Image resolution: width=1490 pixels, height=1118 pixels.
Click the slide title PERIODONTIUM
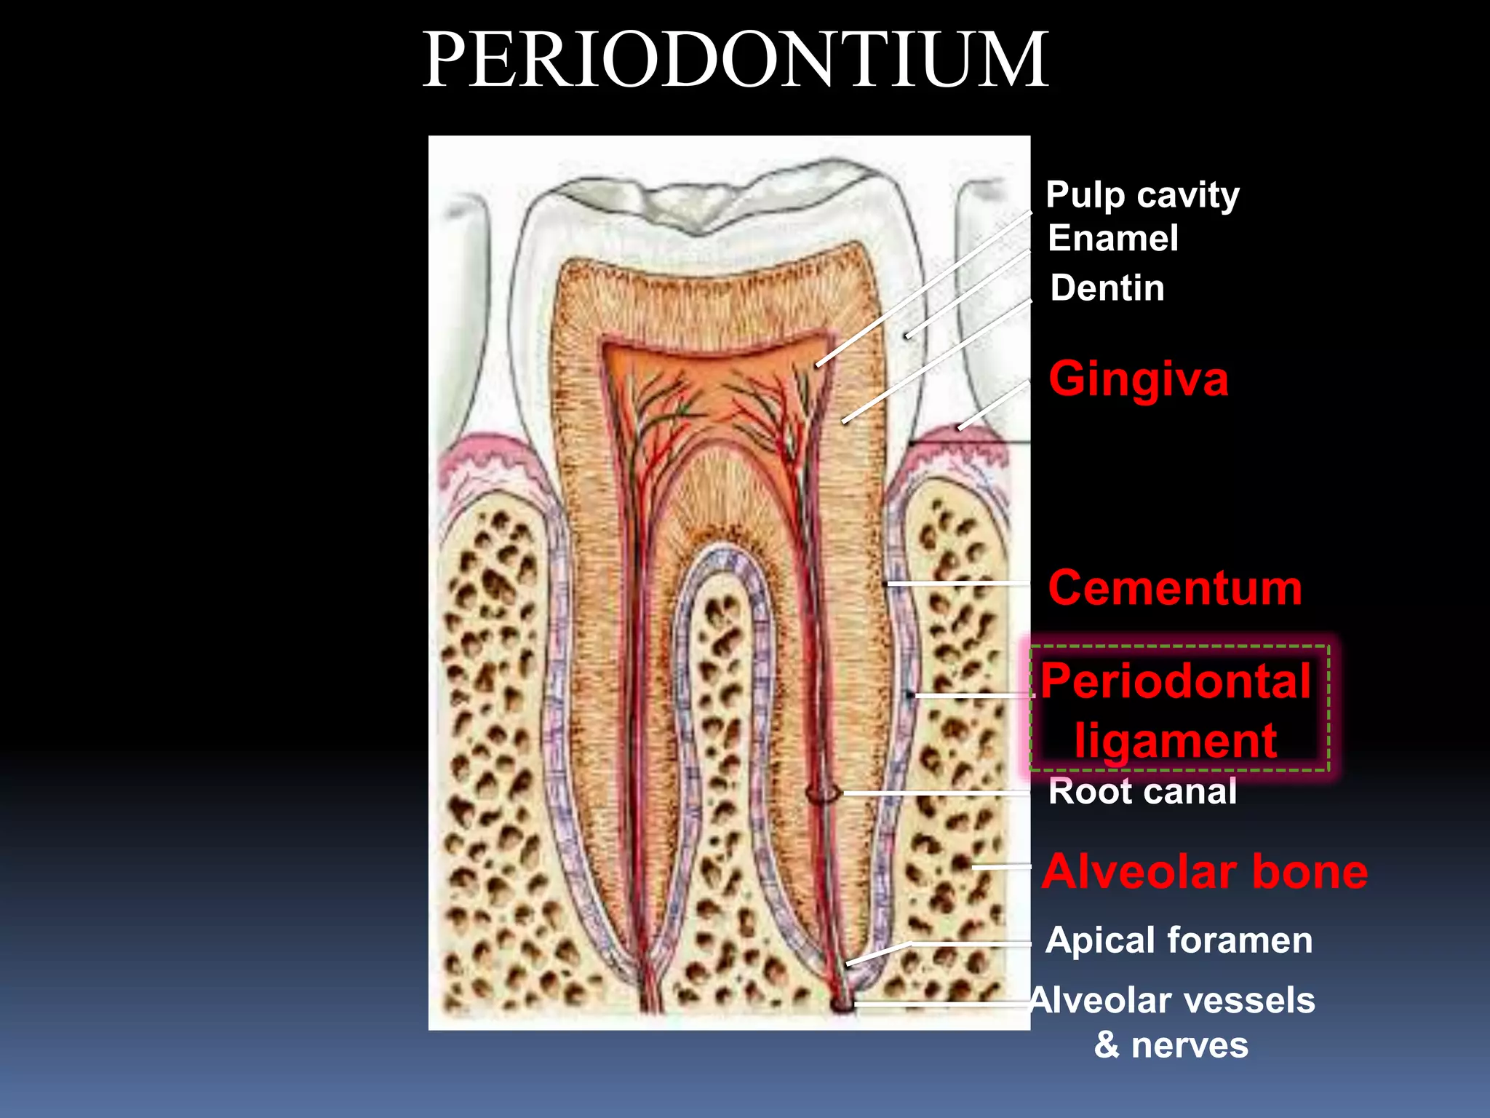tap(735, 61)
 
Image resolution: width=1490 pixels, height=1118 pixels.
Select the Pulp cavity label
tap(1142, 195)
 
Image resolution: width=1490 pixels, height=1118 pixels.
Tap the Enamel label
tap(1112, 239)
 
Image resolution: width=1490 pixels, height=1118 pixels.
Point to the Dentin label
tap(1107, 288)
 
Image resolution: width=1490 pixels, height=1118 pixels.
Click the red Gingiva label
tap(1138, 379)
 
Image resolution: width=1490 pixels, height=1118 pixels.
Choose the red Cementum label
tap(1174, 588)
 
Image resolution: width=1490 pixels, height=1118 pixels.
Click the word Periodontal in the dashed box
tap(1176, 682)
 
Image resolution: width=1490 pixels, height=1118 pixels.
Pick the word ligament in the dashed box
tap(1176, 741)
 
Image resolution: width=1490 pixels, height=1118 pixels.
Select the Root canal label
tap(1142, 792)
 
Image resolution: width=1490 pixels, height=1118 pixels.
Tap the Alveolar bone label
tap(1204, 872)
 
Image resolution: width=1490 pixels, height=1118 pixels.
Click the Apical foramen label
tap(1179, 940)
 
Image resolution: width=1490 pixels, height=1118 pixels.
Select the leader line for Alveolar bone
tap(1001, 867)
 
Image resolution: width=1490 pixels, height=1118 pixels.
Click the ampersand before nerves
tap(1107, 1045)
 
